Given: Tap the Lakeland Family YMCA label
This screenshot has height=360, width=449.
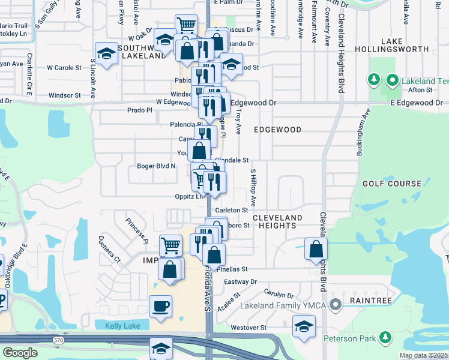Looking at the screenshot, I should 285,305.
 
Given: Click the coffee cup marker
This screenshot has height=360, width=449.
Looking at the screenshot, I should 160,307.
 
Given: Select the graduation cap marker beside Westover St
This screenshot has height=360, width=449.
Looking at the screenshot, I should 304,327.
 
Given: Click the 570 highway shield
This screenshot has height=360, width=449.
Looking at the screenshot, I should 58,340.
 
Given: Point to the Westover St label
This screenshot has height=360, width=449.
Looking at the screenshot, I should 248,328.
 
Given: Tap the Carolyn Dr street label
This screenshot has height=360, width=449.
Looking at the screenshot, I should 279,295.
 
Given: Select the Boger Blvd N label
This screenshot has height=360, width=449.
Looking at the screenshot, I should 156,166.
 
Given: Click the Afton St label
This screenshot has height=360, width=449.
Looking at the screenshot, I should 420,90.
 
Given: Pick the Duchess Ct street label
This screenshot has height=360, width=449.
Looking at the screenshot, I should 110,249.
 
